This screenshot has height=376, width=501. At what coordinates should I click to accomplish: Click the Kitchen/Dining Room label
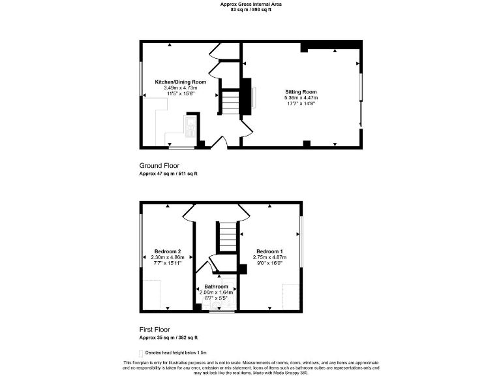180,82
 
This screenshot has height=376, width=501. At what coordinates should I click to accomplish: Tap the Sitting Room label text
300,92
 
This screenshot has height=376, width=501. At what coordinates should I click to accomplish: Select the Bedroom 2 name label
167,251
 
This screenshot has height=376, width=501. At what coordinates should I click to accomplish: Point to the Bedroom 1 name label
269,251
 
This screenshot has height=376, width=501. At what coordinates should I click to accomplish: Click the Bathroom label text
216,287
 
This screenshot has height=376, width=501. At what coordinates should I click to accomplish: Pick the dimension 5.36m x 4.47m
300,98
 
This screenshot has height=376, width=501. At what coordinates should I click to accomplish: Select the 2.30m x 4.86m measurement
167,257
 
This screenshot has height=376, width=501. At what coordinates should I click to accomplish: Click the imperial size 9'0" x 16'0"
269,263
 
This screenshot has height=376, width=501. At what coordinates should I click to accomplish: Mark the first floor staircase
226,236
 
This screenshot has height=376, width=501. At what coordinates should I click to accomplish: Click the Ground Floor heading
159,166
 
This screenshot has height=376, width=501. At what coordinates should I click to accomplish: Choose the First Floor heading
155,330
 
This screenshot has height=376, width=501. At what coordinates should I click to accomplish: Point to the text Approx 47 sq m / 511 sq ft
168,174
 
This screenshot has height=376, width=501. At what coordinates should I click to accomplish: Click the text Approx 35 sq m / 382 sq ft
168,338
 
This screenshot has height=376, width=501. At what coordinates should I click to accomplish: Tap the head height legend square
141,352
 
